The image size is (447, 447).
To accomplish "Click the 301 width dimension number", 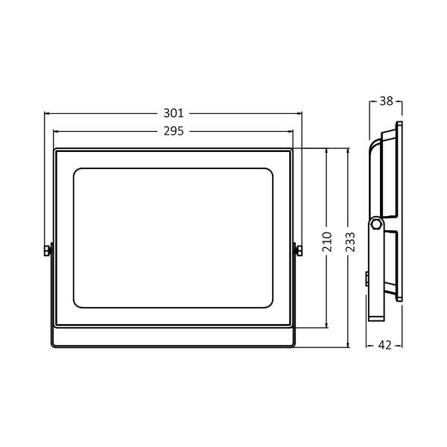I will [173, 113].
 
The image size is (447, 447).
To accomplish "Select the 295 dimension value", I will [173, 130].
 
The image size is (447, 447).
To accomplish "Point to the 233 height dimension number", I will [349, 241].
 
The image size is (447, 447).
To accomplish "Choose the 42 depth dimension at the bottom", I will [386, 345].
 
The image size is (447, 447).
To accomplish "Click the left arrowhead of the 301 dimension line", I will [47, 113].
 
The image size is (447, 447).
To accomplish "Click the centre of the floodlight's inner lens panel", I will [173, 236].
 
